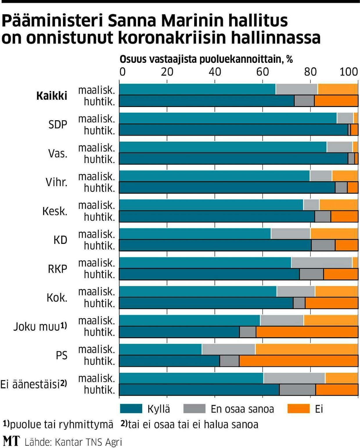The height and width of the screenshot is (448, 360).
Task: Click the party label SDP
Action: pos(58,124)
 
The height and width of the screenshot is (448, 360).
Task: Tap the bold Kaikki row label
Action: pos(52,96)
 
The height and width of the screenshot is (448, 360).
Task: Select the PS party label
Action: pos(62,355)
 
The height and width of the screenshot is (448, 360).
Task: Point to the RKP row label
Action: pos(57,269)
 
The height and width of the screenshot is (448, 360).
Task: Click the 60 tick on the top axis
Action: pos(262,72)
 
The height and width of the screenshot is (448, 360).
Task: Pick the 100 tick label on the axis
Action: pos(349,72)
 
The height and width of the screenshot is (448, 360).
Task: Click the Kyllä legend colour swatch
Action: pos(131,408)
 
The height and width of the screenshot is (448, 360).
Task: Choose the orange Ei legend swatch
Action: pos(298,408)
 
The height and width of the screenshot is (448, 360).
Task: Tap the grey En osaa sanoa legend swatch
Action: pos(194,408)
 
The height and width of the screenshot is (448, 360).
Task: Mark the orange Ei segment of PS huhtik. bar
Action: pos(298,361)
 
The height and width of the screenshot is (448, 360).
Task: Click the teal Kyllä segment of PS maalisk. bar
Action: pos(161,349)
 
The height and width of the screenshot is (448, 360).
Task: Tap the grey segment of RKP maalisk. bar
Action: pos(322,263)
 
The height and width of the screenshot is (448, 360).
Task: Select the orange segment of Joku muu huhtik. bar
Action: pos(307,332)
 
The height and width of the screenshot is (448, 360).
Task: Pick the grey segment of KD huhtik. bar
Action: pos(323,245)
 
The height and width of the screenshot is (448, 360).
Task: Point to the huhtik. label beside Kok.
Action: pos(99,303)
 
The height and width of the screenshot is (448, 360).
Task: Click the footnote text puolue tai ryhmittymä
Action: pos(61,424)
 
